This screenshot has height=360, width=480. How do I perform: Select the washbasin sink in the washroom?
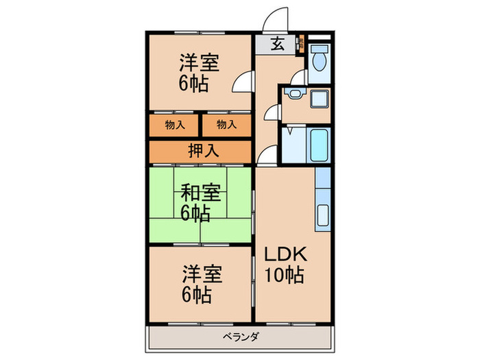click(296, 94)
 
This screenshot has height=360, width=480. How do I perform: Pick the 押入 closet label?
click(200, 152)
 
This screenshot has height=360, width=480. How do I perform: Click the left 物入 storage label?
click(175, 124)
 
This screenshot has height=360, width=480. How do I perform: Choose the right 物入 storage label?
click(226, 124)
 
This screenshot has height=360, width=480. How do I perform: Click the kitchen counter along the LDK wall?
click(323, 199)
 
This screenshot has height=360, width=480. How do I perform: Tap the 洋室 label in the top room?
click(200, 64)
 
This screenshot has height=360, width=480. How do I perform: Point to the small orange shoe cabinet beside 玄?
click(300, 45)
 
